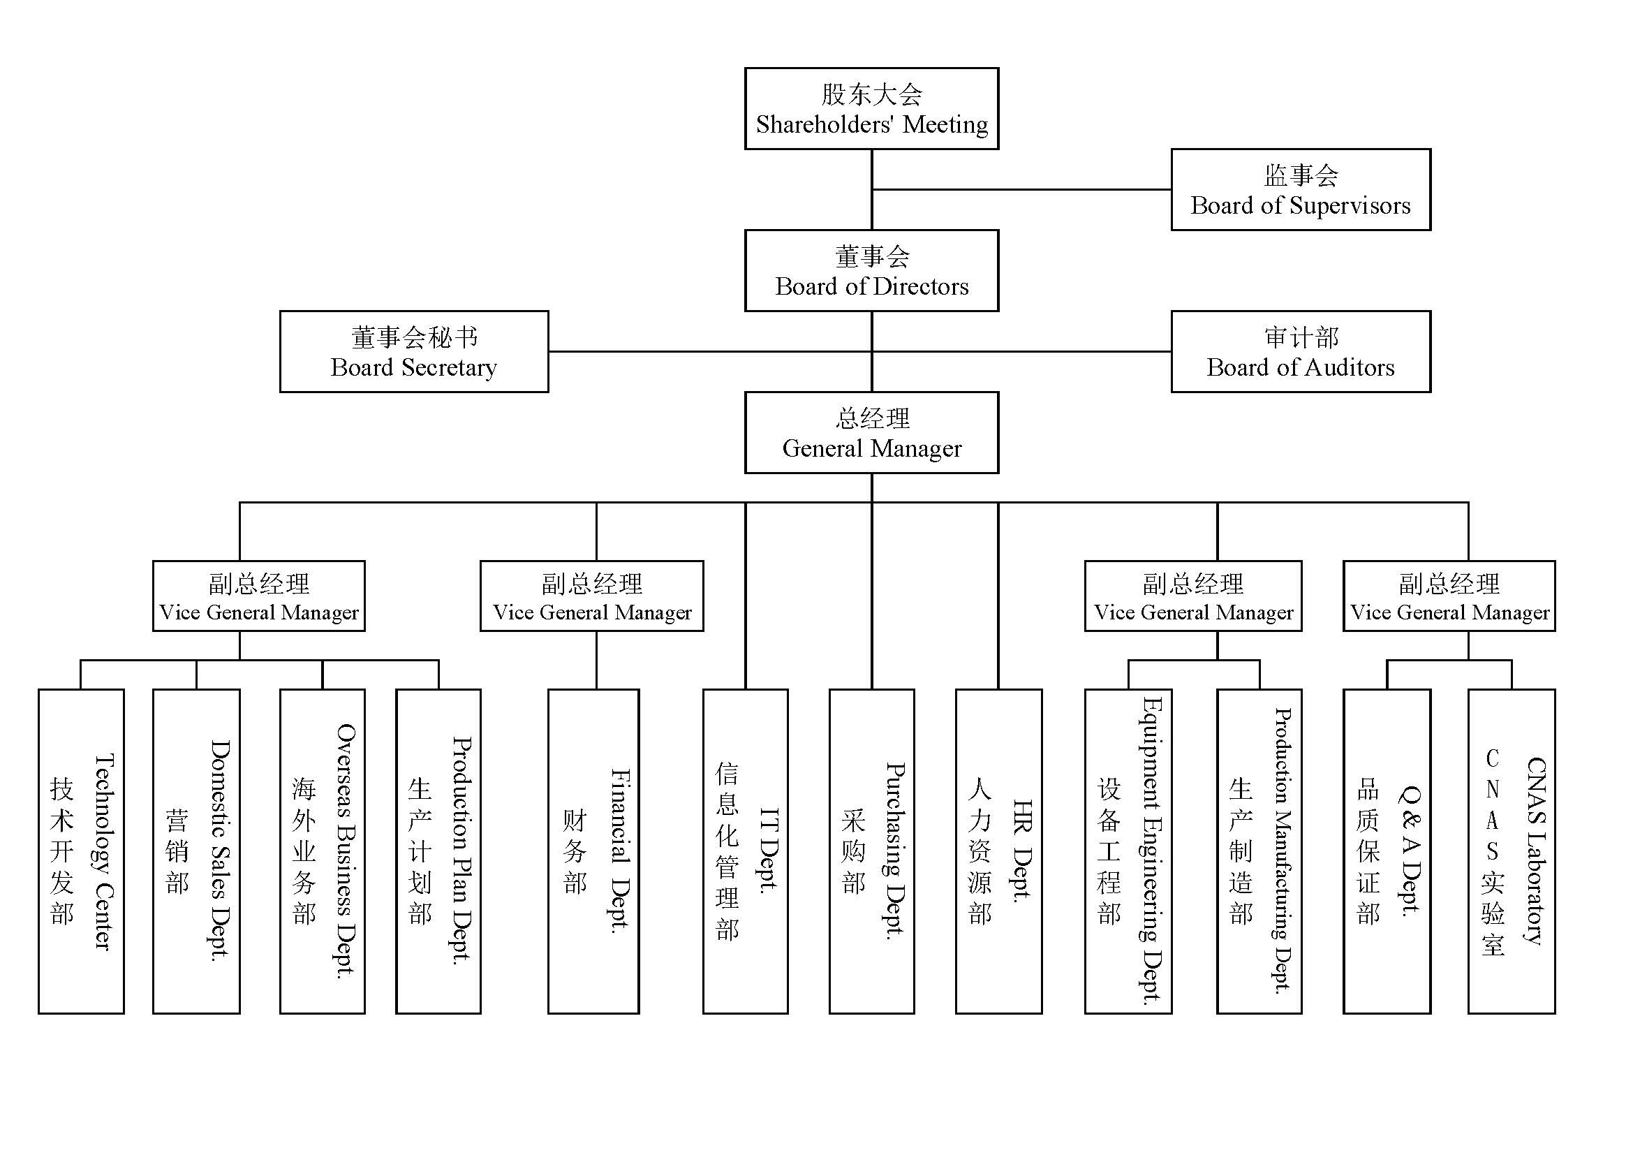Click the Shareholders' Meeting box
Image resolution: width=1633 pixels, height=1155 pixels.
[x=871, y=109]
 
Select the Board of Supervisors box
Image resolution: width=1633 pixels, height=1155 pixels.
[x=1300, y=190]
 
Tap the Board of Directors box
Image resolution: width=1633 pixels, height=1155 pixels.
[x=871, y=271]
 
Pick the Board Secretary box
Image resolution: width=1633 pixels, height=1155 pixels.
[x=414, y=352]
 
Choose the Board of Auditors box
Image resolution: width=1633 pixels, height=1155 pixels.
[x=1300, y=352]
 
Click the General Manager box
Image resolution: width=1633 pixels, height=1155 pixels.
[x=871, y=433]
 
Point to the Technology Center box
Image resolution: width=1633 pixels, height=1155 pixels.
[x=81, y=851]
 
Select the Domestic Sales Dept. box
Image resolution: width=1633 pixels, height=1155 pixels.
[x=196, y=851]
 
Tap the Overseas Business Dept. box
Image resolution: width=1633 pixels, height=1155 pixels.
[x=322, y=851]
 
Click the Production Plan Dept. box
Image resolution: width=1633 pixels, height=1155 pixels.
[x=438, y=851]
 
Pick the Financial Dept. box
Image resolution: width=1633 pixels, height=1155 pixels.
[x=593, y=851]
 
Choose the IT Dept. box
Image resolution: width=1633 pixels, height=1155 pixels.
[x=746, y=851]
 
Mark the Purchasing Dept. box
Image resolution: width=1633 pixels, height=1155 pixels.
[x=871, y=851]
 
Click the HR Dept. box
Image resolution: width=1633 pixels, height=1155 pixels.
[x=998, y=851]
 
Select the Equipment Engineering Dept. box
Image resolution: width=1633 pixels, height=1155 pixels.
[x=1128, y=851]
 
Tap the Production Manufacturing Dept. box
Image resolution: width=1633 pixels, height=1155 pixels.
[x=1259, y=851]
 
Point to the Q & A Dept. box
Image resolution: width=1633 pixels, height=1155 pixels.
[x=1387, y=851]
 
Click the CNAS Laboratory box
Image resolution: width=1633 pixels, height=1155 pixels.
[x=1512, y=851]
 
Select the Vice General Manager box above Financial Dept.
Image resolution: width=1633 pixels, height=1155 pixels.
[x=592, y=596]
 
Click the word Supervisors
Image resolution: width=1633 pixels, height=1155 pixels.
[x=1350, y=205]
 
